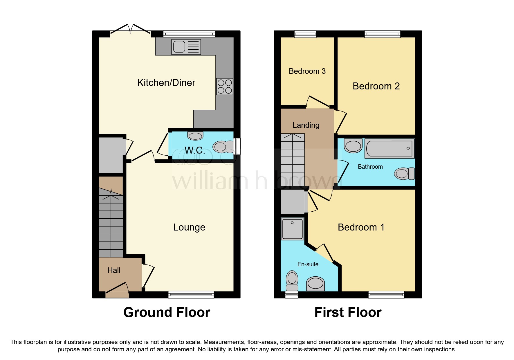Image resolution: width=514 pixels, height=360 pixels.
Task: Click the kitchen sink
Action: click(186, 47)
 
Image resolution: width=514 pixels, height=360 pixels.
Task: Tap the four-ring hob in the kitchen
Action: click(225, 87)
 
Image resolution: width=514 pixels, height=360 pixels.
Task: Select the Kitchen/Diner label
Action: click(166, 83)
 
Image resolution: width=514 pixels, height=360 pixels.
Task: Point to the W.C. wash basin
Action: click(195, 136)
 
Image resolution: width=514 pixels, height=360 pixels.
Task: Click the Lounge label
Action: click(189, 227)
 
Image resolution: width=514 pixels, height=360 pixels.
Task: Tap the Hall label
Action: click(114, 270)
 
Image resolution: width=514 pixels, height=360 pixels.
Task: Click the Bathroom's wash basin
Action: click(353, 145)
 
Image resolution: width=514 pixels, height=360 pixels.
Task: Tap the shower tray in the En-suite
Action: click(292, 229)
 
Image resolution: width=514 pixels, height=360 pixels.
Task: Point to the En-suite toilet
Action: click(292, 280)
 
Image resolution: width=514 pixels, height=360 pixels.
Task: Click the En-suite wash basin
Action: click(315, 283)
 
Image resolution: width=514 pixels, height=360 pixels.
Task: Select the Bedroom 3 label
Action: click(307, 71)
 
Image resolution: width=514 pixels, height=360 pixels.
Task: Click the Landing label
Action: click(306, 125)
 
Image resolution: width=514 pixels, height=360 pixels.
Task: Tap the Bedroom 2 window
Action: click(383, 34)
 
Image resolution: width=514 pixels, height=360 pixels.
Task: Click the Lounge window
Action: click(191, 295)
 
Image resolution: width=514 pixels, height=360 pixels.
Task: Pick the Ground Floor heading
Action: click(167, 312)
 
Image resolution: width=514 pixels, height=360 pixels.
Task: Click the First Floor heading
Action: click(348, 312)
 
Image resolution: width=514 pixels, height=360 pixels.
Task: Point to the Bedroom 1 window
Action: click(386, 295)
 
